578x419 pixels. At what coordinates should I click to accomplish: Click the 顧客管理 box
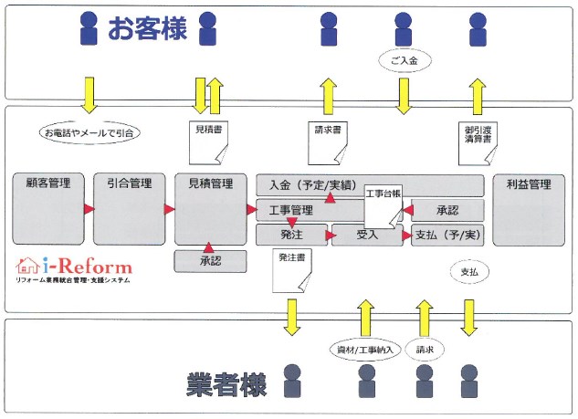coord(47,207)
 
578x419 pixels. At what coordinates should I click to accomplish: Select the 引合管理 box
coord(129,207)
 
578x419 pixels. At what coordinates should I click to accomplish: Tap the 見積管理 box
coord(210,207)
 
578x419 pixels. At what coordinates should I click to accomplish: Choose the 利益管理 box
coord(528,207)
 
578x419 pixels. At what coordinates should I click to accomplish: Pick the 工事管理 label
coord(292,211)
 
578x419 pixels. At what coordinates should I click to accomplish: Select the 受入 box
coord(367,235)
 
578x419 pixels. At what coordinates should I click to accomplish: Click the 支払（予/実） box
coord(446,235)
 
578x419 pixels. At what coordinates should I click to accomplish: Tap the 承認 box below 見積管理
coord(211,261)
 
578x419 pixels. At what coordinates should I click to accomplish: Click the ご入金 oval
coord(402,59)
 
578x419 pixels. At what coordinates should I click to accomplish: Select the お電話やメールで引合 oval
coord(89,133)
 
